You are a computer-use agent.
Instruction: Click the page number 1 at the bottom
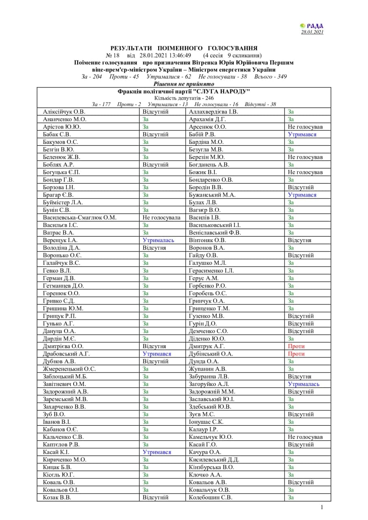pos(322,507)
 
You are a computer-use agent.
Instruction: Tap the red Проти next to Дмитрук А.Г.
pos(296,347)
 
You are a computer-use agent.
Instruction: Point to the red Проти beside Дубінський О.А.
pos(296,354)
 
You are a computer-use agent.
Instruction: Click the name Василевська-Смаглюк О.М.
pos(80,218)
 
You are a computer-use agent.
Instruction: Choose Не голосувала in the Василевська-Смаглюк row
pos(161,218)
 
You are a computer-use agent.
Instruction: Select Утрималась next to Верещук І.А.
pos(158,240)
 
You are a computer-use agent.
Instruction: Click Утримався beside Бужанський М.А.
pos(302,195)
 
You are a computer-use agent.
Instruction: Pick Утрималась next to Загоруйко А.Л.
pos(303,384)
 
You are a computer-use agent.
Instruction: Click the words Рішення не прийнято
pos(183,84)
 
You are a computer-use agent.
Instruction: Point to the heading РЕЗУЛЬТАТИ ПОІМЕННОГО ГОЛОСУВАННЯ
pos(184,48)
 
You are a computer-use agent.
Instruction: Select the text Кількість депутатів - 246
pos(184,98)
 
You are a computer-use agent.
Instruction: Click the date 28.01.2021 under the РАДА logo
pos(312,32)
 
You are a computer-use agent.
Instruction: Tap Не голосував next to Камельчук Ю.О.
pos(305,437)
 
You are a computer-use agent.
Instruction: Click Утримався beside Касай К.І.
pos(157,452)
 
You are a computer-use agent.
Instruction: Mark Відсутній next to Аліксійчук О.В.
pos(155,112)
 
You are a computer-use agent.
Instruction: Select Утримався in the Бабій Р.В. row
pos(302,134)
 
